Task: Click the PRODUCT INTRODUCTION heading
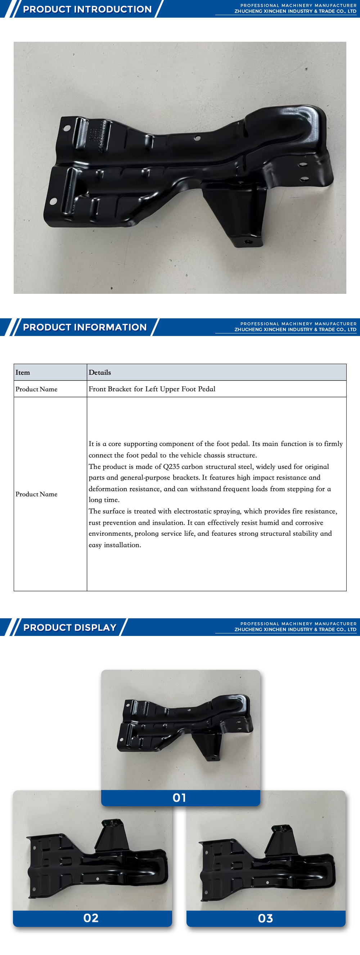click(87, 9)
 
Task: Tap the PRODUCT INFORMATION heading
click(85, 327)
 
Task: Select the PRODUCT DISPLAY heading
click(70, 627)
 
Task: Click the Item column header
click(23, 373)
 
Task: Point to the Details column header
click(100, 373)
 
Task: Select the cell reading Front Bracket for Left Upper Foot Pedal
click(152, 389)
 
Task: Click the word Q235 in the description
click(171, 467)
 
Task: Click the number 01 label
click(179, 797)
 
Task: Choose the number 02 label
click(91, 918)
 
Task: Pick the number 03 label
click(265, 918)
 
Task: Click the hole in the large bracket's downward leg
click(248, 242)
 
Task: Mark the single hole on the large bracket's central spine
click(197, 138)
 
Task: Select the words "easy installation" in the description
click(114, 545)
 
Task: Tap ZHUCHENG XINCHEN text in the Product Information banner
click(262, 329)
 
